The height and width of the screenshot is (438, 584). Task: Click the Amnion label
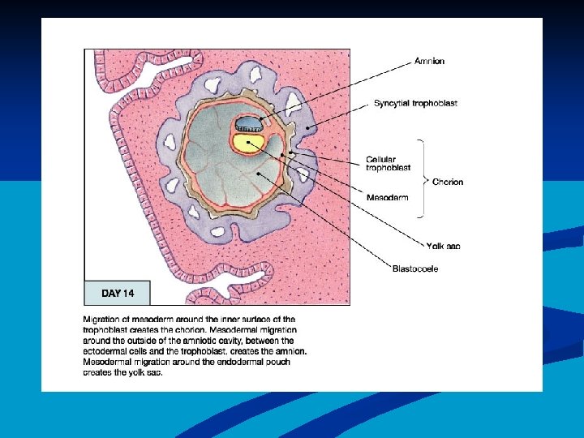coord(429,61)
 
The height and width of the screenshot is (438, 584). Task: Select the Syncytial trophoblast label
coord(404,104)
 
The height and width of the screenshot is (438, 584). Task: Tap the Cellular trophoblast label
coord(388,163)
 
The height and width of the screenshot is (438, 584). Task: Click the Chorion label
coord(448,182)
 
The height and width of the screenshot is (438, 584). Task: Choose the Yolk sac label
coord(444,246)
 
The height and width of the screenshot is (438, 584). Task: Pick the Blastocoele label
coord(415,268)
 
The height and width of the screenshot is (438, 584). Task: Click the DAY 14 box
coord(118,293)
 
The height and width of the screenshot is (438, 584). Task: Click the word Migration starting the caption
coord(103,320)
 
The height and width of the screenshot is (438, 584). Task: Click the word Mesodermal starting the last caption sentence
coord(109,362)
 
